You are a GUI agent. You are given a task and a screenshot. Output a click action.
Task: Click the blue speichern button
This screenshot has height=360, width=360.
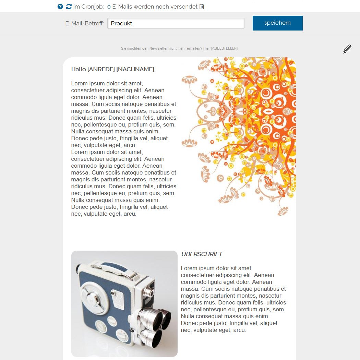[278, 23]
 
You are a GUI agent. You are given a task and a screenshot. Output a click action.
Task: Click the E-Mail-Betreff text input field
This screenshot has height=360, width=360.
[176, 23]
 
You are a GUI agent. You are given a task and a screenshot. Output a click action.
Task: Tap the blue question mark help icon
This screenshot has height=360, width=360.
[60, 7]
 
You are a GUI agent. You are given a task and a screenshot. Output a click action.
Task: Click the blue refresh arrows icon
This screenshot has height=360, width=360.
[69, 7]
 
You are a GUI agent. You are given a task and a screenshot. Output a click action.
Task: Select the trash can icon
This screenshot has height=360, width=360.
[202, 7]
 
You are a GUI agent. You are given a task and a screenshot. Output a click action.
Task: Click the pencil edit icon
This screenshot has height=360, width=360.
[347, 49]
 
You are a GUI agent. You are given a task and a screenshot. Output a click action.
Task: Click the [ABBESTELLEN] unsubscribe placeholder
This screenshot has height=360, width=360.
[224, 48]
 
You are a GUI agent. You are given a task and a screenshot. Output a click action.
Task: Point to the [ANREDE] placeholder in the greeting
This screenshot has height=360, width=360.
[101, 69]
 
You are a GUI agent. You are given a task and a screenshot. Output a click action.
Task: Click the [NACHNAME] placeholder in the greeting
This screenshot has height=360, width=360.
[136, 69]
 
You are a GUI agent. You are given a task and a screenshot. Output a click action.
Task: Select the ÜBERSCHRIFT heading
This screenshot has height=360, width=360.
[202, 254]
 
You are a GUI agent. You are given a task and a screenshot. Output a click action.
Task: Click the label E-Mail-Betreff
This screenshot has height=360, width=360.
[84, 23]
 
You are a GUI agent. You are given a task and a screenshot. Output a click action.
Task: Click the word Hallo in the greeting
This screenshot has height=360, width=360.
[79, 69]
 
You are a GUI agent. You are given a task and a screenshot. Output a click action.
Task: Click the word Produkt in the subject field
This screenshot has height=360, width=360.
[121, 23]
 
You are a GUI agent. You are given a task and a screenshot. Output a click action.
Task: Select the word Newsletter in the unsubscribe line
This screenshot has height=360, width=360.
[158, 48]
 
